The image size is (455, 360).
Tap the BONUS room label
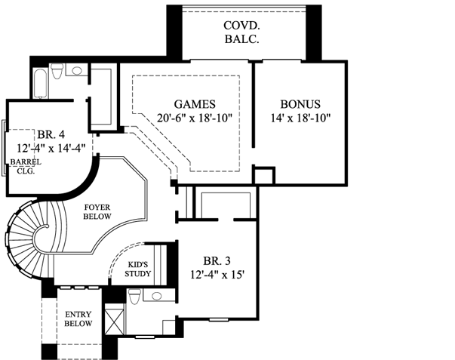[x=300, y=104]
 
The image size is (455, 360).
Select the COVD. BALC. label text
[x=241, y=32]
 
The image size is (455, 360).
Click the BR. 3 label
[x=217, y=263]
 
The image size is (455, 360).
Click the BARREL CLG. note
[x=25, y=166]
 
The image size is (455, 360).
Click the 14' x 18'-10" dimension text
[x=300, y=118]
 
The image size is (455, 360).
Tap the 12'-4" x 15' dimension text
[x=217, y=277]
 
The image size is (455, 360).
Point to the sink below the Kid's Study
[x=156, y=295]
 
